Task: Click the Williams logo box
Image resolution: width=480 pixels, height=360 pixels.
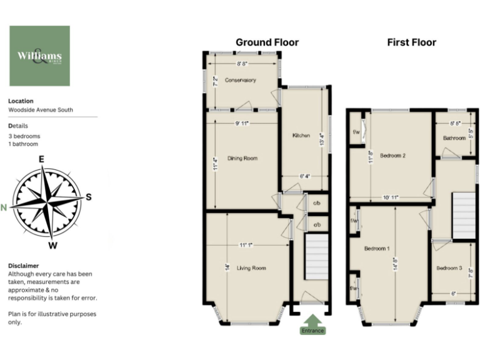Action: [39, 56]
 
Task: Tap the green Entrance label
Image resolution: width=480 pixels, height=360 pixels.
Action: [312, 330]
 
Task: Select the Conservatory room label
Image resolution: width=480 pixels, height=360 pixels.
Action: [241, 80]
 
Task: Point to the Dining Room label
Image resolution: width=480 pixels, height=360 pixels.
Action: [242, 158]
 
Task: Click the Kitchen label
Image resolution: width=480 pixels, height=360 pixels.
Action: [301, 135]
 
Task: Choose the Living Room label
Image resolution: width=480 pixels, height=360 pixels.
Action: [251, 268]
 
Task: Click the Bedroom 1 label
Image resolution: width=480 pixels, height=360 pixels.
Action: [377, 249]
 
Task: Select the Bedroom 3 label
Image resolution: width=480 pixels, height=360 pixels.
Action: [449, 268]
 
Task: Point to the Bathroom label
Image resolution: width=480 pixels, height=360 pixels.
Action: [454, 138]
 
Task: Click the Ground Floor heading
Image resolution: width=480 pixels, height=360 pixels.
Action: [267, 42]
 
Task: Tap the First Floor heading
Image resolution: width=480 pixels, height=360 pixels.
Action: [411, 42]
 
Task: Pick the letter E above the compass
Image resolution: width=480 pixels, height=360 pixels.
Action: [41, 159]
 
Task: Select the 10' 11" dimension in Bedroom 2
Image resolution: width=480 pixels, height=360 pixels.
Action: [391, 197]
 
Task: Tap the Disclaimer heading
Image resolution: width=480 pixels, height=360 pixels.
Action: [23, 265]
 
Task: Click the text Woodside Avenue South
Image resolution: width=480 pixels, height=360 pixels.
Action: [40, 110]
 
